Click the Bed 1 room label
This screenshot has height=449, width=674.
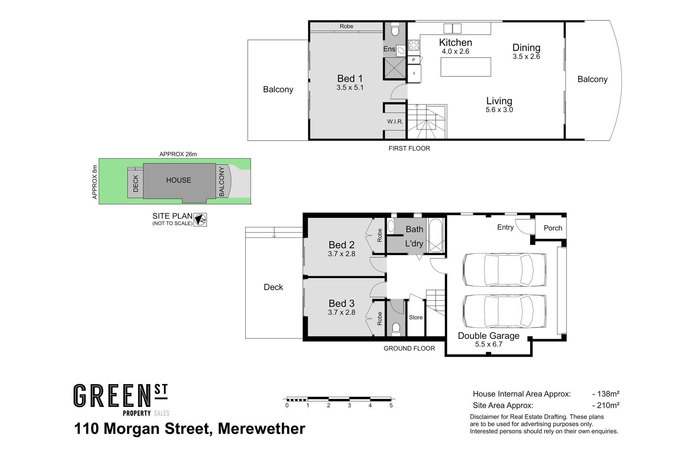(350, 79)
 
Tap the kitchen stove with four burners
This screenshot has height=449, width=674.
(414, 45)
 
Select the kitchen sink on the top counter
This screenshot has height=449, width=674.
(452, 28)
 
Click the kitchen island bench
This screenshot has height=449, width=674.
(466, 67)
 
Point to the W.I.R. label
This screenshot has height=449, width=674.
(395, 122)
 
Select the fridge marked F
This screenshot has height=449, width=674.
(414, 74)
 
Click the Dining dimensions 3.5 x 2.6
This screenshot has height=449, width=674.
(526, 56)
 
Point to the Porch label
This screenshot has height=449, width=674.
(553, 228)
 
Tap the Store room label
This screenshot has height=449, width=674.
(416, 317)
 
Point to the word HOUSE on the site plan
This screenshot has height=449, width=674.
(179, 180)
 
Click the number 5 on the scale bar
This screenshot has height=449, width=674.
(391, 406)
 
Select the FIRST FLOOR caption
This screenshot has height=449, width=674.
(409, 148)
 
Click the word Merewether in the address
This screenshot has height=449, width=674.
(262, 429)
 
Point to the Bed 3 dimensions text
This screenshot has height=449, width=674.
(342, 312)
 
